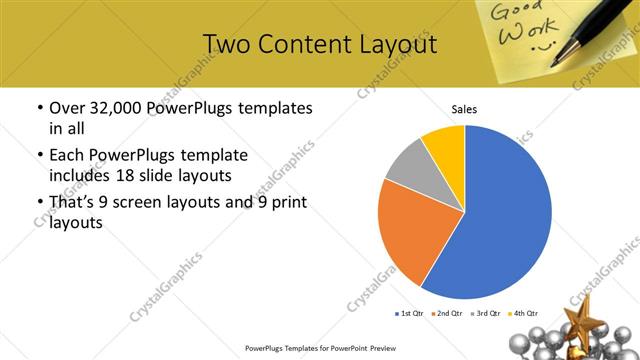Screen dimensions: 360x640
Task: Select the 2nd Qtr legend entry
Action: pos(446,314)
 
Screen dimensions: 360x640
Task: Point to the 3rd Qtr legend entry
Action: pos(484,314)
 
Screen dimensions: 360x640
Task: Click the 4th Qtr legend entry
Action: pos(522,314)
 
